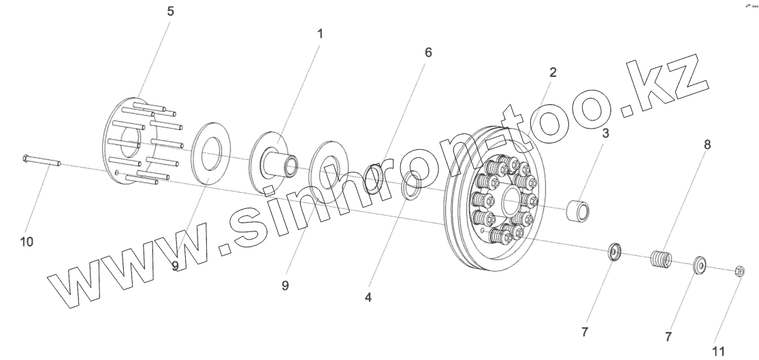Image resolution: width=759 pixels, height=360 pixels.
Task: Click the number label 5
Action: point(170,12)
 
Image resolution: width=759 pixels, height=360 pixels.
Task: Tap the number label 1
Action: point(320,33)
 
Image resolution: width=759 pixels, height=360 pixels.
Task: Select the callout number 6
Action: point(427,52)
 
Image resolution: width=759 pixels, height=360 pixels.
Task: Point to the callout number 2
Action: point(553,72)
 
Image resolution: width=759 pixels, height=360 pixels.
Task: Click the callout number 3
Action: point(605,133)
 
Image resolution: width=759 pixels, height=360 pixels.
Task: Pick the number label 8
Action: point(707,144)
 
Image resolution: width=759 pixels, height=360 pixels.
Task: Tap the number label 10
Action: point(27,242)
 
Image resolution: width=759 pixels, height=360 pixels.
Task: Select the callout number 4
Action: point(368,297)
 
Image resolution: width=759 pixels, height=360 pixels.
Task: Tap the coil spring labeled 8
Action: point(660,259)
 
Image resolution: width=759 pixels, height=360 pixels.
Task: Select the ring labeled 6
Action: point(373,178)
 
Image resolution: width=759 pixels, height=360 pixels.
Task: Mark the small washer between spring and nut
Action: point(699,265)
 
